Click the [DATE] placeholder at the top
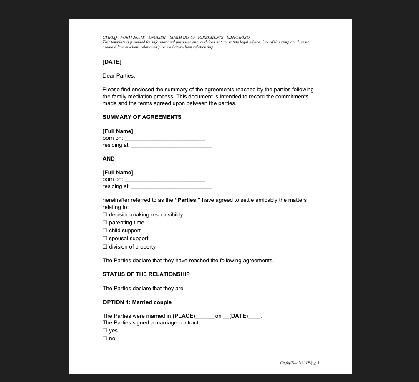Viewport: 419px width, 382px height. pos(112,62)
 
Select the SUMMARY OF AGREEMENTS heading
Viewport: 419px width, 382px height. pos(142,117)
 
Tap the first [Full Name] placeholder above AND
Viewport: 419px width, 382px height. pos(118,131)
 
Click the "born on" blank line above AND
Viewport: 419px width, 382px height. pos(164,138)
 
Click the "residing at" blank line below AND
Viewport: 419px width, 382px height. pos(171,187)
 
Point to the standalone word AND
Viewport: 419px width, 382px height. pos(109,159)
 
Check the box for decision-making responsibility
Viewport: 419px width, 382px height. pos(105,215)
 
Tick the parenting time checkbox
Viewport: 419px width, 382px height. pos(105,223)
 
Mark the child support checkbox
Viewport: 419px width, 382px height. pos(105,231)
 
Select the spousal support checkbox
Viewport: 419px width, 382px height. pos(105,239)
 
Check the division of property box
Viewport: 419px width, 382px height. pos(105,247)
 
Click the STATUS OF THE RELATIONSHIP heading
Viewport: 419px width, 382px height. pos(146,274)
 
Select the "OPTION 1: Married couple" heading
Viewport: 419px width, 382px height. pos(137,302)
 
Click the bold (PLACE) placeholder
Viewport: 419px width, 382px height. pos(184,316)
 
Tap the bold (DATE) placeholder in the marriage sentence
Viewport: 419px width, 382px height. pos(238,316)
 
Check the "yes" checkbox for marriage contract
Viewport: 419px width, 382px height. pos(105,331)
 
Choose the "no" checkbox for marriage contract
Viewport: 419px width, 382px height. pos(105,339)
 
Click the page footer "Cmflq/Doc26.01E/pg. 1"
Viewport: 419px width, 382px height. pos(299,363)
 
